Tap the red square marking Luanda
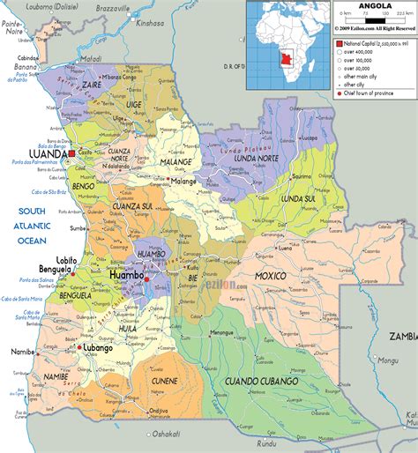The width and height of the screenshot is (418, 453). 73,153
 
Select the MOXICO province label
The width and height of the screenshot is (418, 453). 272,277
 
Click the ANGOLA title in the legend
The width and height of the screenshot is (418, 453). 376,6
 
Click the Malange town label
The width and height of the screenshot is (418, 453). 183,181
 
